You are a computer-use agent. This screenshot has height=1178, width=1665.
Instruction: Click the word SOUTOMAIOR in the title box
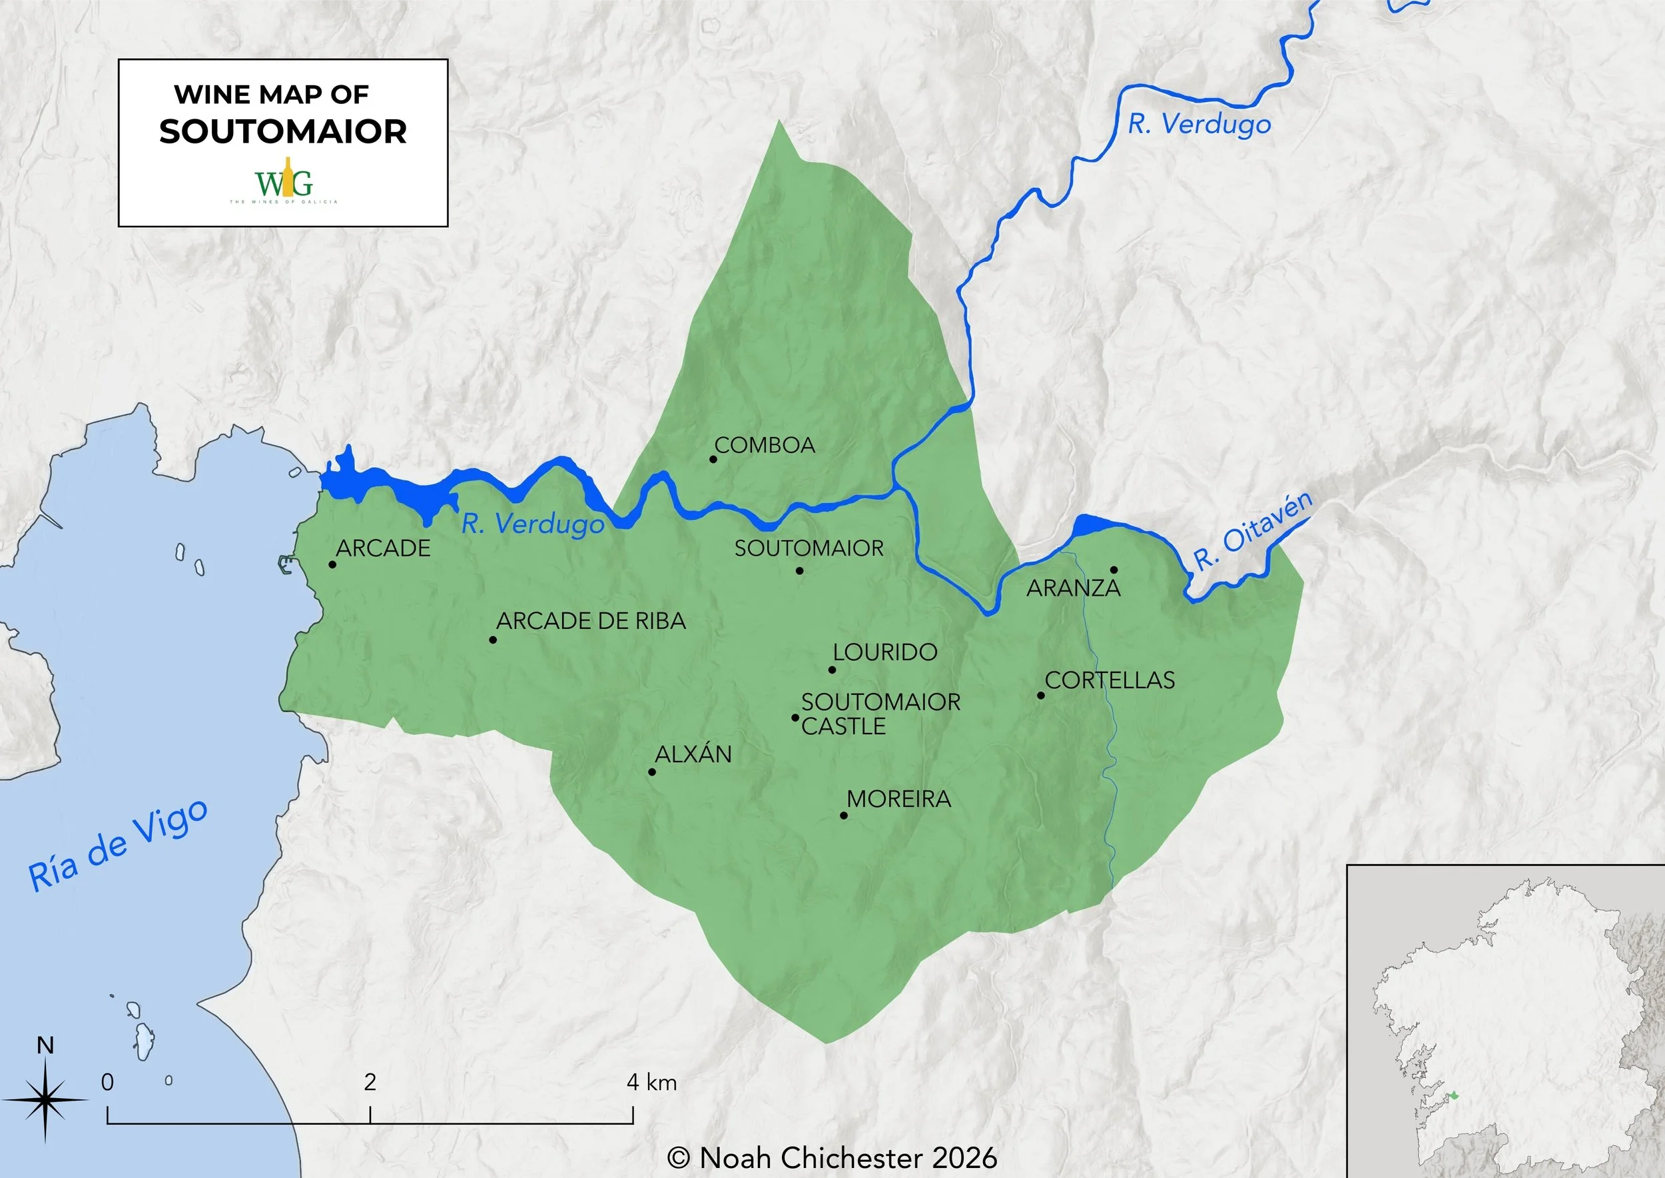(x=283, y=131)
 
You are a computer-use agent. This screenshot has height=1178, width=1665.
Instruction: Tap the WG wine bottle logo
(x=284, y=179)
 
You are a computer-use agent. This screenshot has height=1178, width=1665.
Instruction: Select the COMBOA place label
(x=765, y=445)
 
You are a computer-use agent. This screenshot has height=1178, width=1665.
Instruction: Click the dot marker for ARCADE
(x=332, y=564)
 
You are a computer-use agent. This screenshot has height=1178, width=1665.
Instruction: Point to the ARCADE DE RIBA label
(x=590, y=621)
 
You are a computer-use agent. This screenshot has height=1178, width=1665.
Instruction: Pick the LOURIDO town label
(x=884, y=652)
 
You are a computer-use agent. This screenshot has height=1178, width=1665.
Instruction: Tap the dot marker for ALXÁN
(x=652, y=772)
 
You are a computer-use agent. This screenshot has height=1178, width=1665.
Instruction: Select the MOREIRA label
(x=898, y=799)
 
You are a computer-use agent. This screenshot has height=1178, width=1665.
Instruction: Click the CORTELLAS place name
(x=1110, y=680)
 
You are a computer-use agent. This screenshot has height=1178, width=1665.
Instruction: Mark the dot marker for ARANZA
(x=1114, y=570)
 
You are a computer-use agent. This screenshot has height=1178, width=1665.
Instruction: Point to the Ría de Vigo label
(x=118, y=846)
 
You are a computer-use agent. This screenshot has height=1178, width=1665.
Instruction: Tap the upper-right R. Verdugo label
(x=1199, y=124)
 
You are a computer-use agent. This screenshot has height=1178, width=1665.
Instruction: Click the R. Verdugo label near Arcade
(x=533, y=524)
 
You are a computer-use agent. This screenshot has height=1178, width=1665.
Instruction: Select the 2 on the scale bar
(x=370, y=1082)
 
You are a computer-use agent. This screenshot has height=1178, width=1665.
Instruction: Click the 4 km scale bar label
(x=651, y=1082)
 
